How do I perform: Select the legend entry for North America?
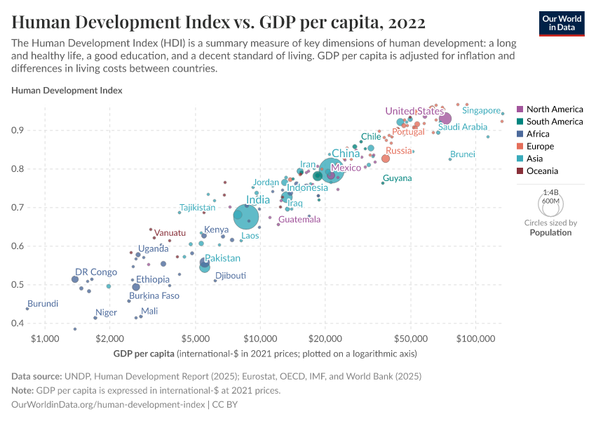point(554,109)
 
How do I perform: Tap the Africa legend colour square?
point(520,134)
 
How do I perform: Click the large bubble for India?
point(246,217)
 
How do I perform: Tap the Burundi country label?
point(43,304)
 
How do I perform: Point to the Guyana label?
point(398,178)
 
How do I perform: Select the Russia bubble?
point(386,159)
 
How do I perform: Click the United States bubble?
point(445,119)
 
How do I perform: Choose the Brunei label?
point(463,154)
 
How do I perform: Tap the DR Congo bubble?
point(75,279)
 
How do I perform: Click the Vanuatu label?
point(170,232)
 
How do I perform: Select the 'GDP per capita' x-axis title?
point(144,352)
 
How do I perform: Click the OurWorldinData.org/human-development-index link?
point(108,405)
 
